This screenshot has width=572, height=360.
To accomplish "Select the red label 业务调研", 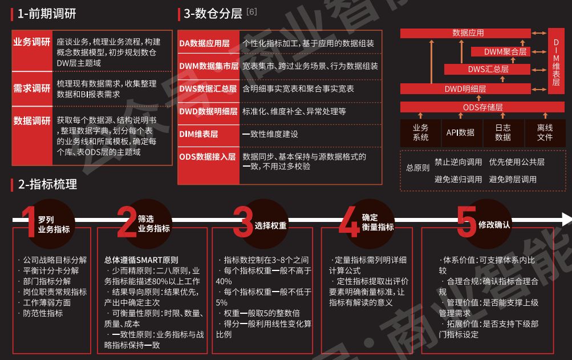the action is pos(32,42).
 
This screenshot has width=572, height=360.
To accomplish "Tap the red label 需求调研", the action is pos(32,88).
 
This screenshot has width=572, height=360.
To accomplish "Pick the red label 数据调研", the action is pos(32,121).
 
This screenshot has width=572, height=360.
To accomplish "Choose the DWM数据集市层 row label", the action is pos(208,66).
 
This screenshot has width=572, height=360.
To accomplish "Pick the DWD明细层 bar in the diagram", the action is pos(465,89).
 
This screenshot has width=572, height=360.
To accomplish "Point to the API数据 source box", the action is pos(460,133).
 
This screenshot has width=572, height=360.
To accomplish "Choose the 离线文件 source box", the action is pos(545,133).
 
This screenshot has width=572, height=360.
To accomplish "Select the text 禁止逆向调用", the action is pos(458,162).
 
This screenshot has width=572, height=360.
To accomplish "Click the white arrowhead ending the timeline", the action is pos(566,219).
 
